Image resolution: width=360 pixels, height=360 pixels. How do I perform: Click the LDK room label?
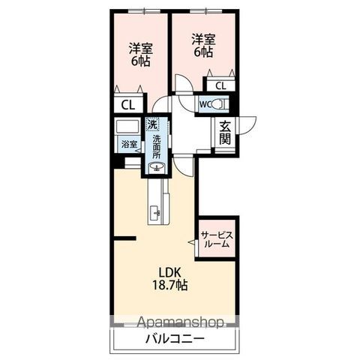(x=170, y=272)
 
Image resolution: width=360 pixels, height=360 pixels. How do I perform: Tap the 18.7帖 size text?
(x=170, y=285)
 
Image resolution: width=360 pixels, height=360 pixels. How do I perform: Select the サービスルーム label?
(x=217, y=239)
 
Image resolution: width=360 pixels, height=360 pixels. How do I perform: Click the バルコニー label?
(x=175, y=339)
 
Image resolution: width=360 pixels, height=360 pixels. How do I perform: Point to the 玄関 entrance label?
(x=225, y=133)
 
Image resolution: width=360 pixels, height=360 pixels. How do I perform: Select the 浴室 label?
(x=130, y=144)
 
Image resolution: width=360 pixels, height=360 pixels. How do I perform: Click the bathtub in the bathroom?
(x=127, y=127)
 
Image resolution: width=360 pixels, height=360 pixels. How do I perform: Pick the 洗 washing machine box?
(x=153, y=124)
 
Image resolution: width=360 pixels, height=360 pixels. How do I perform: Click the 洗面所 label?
(x=157, y=147)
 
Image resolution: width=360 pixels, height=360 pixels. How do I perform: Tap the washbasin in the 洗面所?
(x=157, y=166)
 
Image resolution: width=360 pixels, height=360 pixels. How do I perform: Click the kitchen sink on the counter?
(x=155, y=214)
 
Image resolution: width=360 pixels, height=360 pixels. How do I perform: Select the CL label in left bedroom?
(x=128, y=106)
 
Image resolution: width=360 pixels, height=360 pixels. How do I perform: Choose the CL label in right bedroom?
(x=220, y=86)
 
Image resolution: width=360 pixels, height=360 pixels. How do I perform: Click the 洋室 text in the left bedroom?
(x=141, y=49)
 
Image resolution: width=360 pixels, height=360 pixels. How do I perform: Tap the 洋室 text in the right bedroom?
(x=203, y=39)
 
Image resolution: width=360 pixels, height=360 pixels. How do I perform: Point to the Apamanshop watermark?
(x=180, y=323)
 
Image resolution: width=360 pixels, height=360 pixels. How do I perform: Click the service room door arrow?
(x=192, y=241)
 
